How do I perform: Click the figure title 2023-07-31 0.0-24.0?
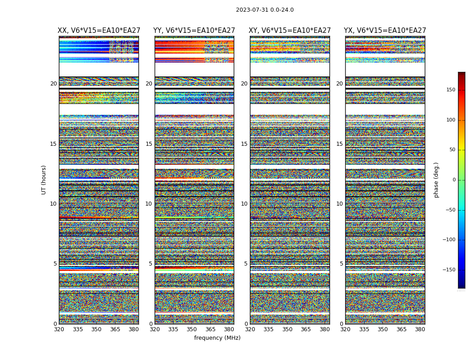click(265, 10)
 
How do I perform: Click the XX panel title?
click(99, 31)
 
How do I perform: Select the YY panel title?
click(194, 31)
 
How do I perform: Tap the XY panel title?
click(290, 31)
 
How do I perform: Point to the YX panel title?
click(385, 31)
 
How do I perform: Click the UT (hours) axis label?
click(44, 180)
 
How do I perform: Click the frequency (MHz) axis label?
click(217, 338)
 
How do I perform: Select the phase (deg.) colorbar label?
click(436, 180)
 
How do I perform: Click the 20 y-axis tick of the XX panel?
click(53, 84)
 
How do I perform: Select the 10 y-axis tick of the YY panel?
click(149, 204)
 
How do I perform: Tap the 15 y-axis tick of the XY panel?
click(244, 144)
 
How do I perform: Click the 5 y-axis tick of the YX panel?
click(341, 264)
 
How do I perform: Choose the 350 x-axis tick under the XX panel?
click(97, 329)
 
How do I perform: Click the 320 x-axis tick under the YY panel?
click(155, 329)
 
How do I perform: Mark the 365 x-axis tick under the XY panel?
click(306, 329)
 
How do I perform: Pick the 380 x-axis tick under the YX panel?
click(420, 329)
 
